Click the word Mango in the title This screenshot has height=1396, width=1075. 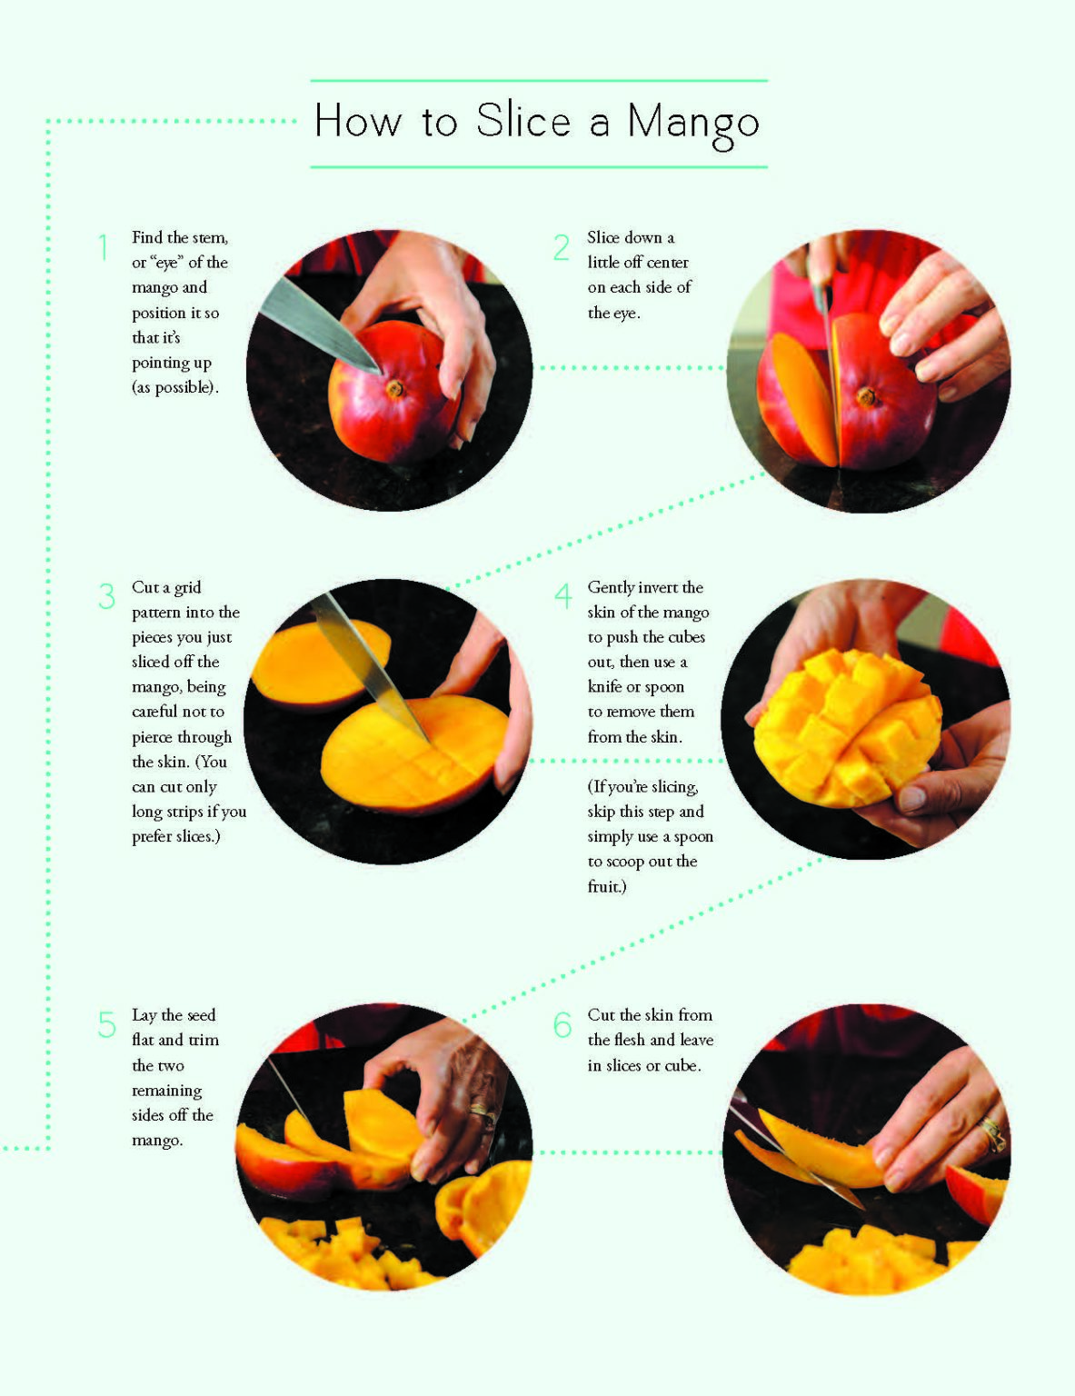(692, 123)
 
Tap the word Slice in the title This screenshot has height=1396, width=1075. (523, 121)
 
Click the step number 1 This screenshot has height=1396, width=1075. (105, 247)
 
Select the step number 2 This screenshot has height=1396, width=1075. (562, 247)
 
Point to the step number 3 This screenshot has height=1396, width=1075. (107, 597)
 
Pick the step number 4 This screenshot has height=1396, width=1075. (563, 597)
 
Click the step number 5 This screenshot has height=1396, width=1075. (107, 1024)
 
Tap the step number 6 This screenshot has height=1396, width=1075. (562, 1024)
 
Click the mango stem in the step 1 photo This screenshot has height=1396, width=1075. (395, 389)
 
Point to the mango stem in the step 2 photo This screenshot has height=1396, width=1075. (866, 396)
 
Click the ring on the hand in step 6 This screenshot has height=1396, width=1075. (991, 1132)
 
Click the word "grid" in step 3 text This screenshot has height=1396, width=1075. (187, 587)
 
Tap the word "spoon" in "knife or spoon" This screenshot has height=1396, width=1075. (664, 687)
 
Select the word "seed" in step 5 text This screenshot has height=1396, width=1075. (201, 1015)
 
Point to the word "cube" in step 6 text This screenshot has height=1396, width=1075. (682, 1065)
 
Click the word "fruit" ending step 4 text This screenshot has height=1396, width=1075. (604, 886)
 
